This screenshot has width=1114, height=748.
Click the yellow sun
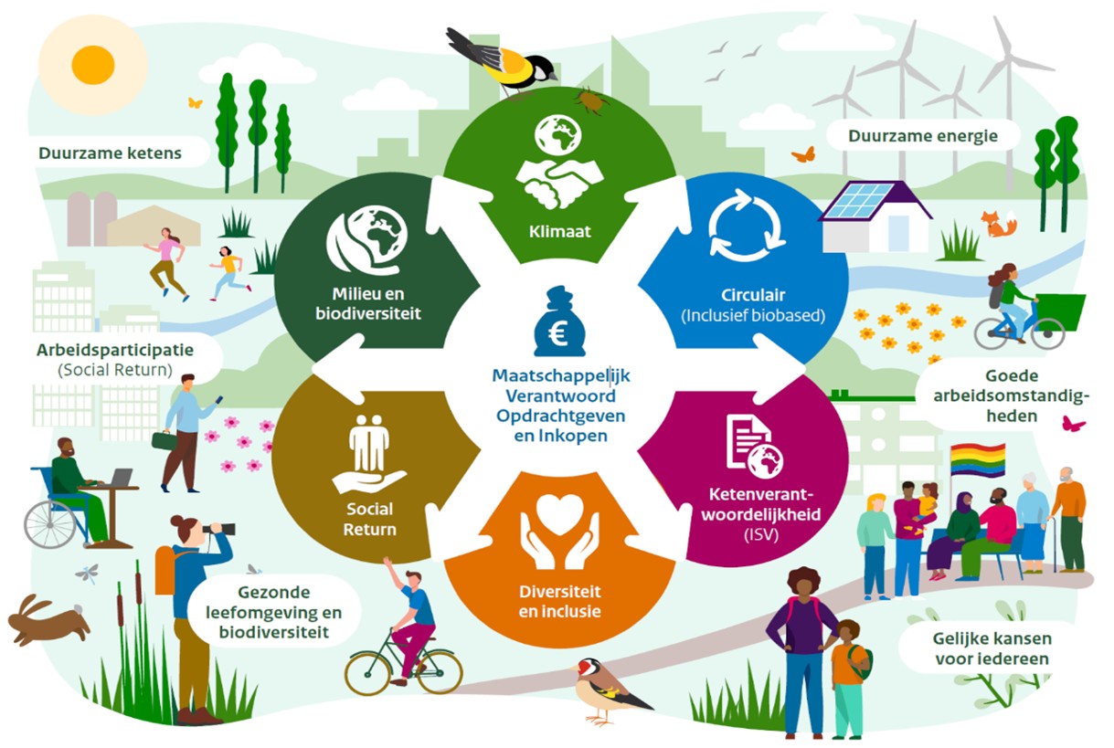click(x=93, y=65)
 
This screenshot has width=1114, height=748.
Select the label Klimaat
click(x=559, y=231)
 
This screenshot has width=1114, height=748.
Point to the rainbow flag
click(x=978, y=459)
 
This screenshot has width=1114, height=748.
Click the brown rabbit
click(x=48, y=621)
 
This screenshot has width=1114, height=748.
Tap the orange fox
click(x=998, y=224)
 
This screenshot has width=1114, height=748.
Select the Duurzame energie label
click(x=922, y=136)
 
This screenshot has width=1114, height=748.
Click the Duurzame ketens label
click(x=110, y=153)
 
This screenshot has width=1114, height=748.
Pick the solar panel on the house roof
click(x=859, y=200)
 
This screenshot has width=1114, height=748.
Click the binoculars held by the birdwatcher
click(x=220, y=529)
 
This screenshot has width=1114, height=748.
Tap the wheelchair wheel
click(x=49, y=525)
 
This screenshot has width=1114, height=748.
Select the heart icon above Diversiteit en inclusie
click(x=559, y=513)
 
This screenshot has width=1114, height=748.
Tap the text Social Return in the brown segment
click(x=369, y=520)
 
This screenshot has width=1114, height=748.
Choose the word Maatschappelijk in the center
click(x=560, y=375)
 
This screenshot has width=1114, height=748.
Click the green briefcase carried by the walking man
click(x=164, y=441)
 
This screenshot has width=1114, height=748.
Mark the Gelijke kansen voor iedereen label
click(x=992, y=648)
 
